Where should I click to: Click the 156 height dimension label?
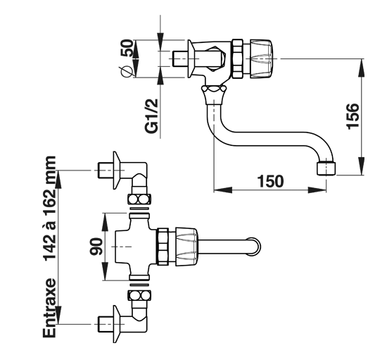tap(353, 116)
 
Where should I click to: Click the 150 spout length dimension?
tap(270, 181)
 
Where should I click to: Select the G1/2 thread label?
tap(151, 116)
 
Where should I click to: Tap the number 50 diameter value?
tap(127, 48)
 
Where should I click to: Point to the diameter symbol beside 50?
tap(126, 70)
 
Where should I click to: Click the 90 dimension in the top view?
tap(96, 247)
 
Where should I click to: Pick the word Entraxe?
tap(49, 308)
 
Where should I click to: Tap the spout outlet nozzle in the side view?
tap(326, 168)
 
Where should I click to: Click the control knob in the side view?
tap(262, 58)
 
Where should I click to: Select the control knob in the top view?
tap(186, 247)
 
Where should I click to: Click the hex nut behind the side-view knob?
tap(237, 58)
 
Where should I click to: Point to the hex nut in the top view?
tap(163, 247)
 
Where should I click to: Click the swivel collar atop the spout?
tap(214, 93)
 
